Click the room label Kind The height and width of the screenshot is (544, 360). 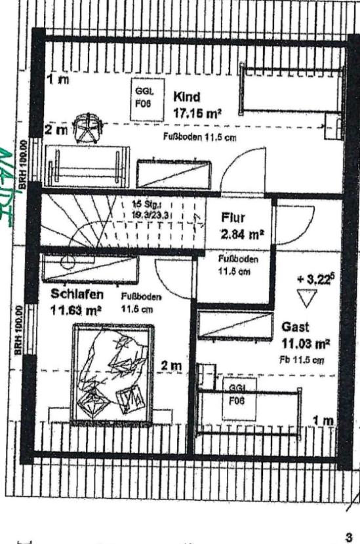pyautogui.click(x=186, y=97)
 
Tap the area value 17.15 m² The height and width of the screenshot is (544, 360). pyautogui.click(x=197, y=113)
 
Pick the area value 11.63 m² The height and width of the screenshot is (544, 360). pyautogui.click(x=75, y=310)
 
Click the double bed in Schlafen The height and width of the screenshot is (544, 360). pyautogui.click(x=114, y=376)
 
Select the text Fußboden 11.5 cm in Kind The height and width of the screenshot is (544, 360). pyautogui.click(x=199, y=137)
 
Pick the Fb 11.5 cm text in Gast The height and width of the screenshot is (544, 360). pyautogui.click(x=301, y=360)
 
